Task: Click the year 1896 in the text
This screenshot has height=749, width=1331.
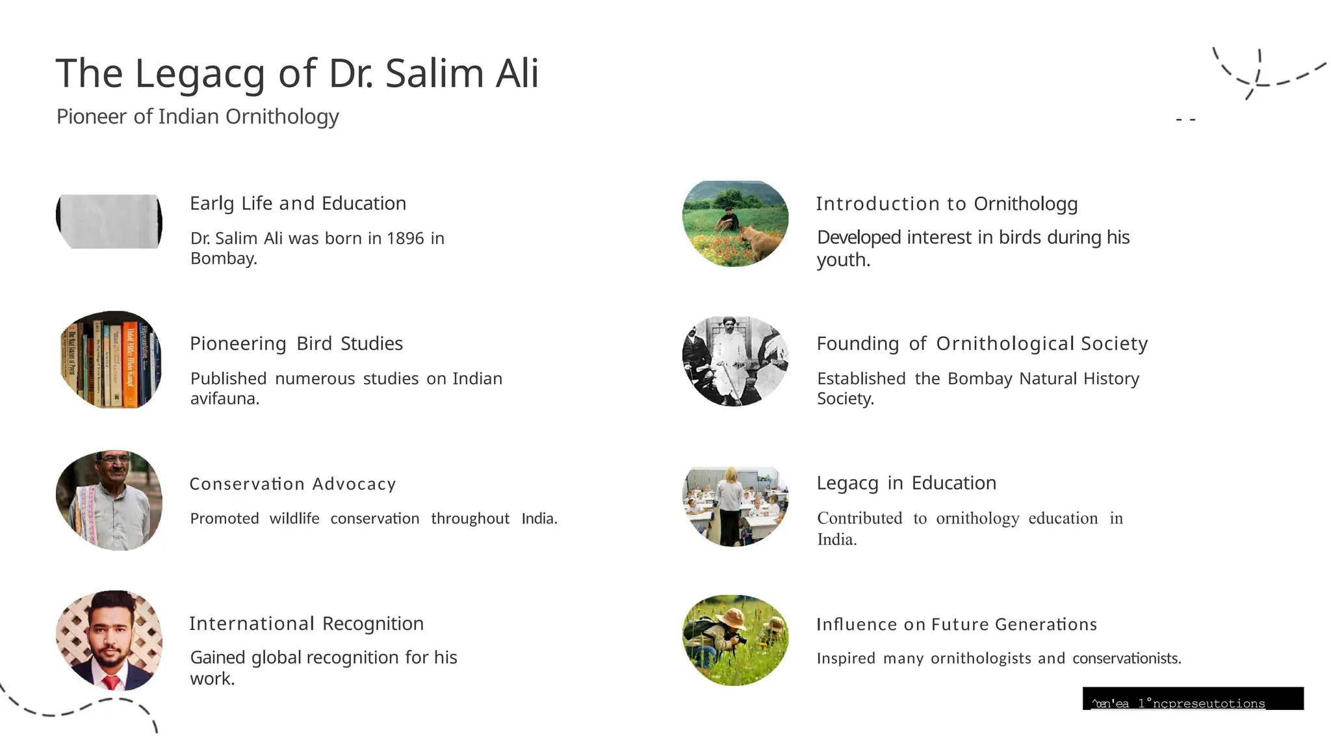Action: click(x=405, y=239)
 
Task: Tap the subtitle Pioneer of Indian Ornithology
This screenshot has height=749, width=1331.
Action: click(x=198, y=116)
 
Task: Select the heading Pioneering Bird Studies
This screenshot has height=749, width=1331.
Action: click(x=296, y=343)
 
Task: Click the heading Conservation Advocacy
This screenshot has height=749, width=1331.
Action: click(x=292, y=484)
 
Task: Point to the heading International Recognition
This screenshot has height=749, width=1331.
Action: click(x=306, y=624)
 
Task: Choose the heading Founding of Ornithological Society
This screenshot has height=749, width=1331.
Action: click(x=982, y=343)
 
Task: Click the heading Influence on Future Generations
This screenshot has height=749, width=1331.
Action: click(x=957, y=624)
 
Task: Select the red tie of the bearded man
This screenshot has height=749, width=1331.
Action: click(x=112, y=682)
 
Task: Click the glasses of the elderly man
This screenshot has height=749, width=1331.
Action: click(x=114, y=459)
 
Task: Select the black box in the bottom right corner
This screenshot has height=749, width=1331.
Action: click(x=1193, y=698)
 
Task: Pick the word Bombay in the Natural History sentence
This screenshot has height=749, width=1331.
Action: click(x=979, y=378)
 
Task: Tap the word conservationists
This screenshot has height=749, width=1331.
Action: click(x=1126, y=658)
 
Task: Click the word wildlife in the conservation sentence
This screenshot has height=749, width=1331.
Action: click(x=294, y=518)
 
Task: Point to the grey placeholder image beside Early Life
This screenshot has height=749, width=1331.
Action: click(x=109, y=221)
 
